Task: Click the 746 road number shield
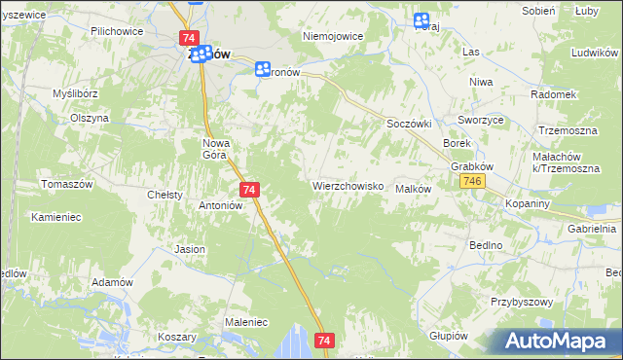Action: click(474, 182)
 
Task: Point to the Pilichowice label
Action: click(116, 31)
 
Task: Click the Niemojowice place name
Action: click(332, 36)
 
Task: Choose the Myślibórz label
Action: click(77, 93)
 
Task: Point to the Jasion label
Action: click(190, 249)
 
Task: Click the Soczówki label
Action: click(408, 124)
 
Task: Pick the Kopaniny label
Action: click(530, 203)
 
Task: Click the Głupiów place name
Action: click(449, 335)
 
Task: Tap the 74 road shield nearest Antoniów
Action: click(249, 190)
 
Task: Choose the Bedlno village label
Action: click(485, 246)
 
